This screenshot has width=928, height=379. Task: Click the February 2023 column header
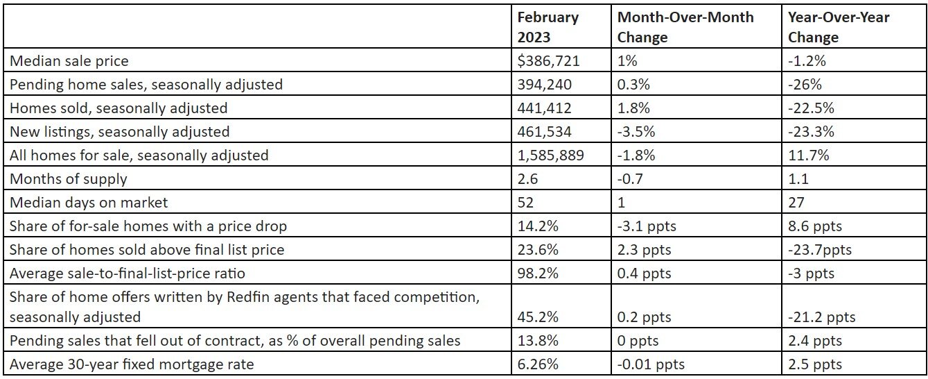(548, 26)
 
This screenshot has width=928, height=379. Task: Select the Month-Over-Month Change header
(685, 26)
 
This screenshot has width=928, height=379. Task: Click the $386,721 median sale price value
(548, 60)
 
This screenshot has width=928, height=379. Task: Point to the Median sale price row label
(69, 60)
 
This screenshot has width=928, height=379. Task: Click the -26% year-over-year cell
(804, 84)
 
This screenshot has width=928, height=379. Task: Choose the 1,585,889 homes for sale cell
(551, 155)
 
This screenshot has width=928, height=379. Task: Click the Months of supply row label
(69, 178)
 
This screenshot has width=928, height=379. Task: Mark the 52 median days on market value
(526, 202)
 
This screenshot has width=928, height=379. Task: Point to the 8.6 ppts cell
(815, 226)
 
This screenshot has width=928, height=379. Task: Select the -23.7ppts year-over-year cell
(820, 249)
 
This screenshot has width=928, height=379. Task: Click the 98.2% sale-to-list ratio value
(538, 273)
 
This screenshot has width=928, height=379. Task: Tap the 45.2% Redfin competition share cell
(538, 317)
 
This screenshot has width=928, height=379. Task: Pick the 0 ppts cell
(638, 340)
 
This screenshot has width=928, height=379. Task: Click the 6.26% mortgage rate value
(538, 364)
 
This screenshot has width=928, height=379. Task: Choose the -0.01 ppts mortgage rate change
(651, 364)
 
